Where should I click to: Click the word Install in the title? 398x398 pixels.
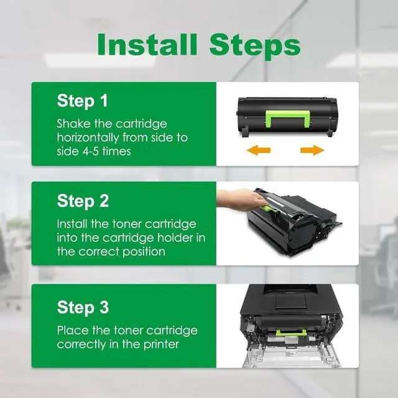click(x=147, y=44)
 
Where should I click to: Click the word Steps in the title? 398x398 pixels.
click(x=255, y=47)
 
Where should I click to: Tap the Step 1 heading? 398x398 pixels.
click(x=83, y=101)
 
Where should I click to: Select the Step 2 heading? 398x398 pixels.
click(x=83, y=201)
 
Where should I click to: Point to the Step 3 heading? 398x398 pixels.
click(x=83, y=308)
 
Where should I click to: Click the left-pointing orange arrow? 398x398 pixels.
click(x=259, y=150)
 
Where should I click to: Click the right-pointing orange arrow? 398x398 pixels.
click(x=312, y=150)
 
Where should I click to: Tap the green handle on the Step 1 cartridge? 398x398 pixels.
click(x=288, y=119)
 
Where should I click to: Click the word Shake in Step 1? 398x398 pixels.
click(x=73, y=124)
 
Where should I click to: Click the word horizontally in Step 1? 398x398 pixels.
click(x=88, y=138)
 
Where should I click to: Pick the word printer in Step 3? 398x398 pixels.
click(x=162, y=345)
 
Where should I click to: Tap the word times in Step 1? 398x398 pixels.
click(x=117, y=152)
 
